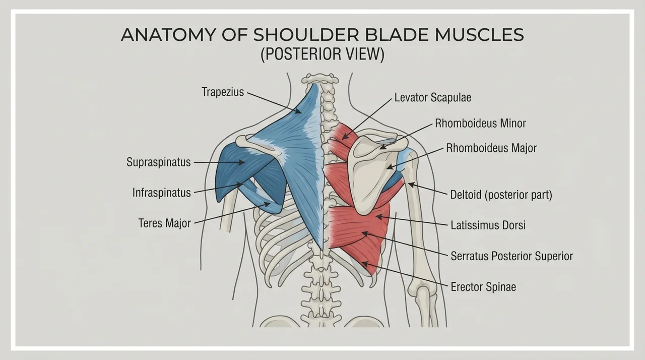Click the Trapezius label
(x=223, y=92)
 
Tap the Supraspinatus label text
(x=159, y=162)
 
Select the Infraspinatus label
(x=162, y=193)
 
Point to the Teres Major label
(x=165, y=223)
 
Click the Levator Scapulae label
(x=433, y=98)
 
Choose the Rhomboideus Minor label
(x=480, y=123)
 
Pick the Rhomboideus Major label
(x=491, y=148)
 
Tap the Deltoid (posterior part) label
(x=501, y=195)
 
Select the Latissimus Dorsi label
(x=488, y=225)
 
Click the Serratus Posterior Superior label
(x=511, y=256)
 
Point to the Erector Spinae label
(x=483, y=287)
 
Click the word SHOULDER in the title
(x=306, y=35)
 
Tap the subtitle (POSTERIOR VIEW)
(x=322, y=54)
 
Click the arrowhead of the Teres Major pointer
(x=268, y=204)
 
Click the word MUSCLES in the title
(x=479, y=35)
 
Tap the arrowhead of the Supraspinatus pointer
(x=242, y=162)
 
